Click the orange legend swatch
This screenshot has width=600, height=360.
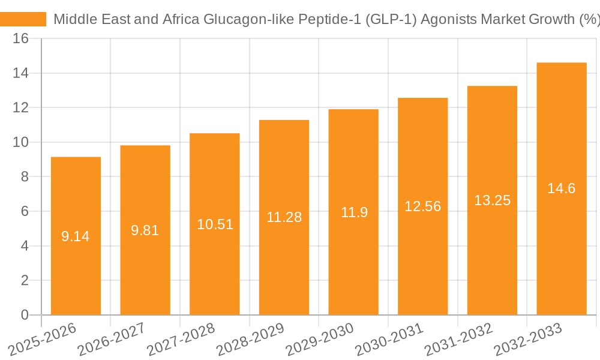tap(23, 19)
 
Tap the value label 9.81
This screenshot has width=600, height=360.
tap(145, 230)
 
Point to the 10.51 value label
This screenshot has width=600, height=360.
tap(215, 224)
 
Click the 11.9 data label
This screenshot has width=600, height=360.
tap(353, 212)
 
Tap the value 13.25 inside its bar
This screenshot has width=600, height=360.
tap(492, 200)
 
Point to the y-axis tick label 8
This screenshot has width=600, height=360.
tap(25, 177)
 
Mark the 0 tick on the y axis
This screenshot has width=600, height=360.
tap(25, 315)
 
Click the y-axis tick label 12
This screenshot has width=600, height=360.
tap(21, 108)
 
